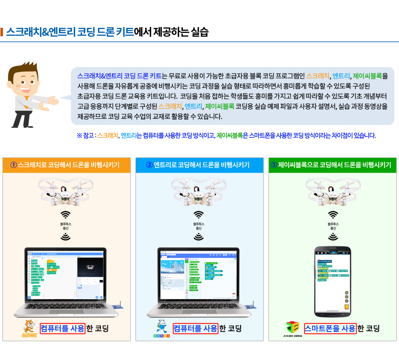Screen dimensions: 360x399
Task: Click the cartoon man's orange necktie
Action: tap(27, 97)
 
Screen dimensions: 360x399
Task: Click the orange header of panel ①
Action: tap(67, 165)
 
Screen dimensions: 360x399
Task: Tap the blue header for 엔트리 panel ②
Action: tap(199, 165)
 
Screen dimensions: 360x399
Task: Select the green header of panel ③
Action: tap(332, 165)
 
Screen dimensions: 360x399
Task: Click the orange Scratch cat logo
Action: tap(29, 329)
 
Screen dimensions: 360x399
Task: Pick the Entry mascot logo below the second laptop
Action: tap(161, 329)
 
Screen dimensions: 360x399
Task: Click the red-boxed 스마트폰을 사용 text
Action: tap(330, 328)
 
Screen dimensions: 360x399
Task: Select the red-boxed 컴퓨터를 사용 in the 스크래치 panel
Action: tap(63, 328)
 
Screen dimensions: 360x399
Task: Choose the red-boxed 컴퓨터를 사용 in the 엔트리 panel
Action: tap(195, 328)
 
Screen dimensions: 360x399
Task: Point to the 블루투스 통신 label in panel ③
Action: tap(333, 225)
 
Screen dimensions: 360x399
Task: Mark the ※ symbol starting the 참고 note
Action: tap(79, 135)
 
